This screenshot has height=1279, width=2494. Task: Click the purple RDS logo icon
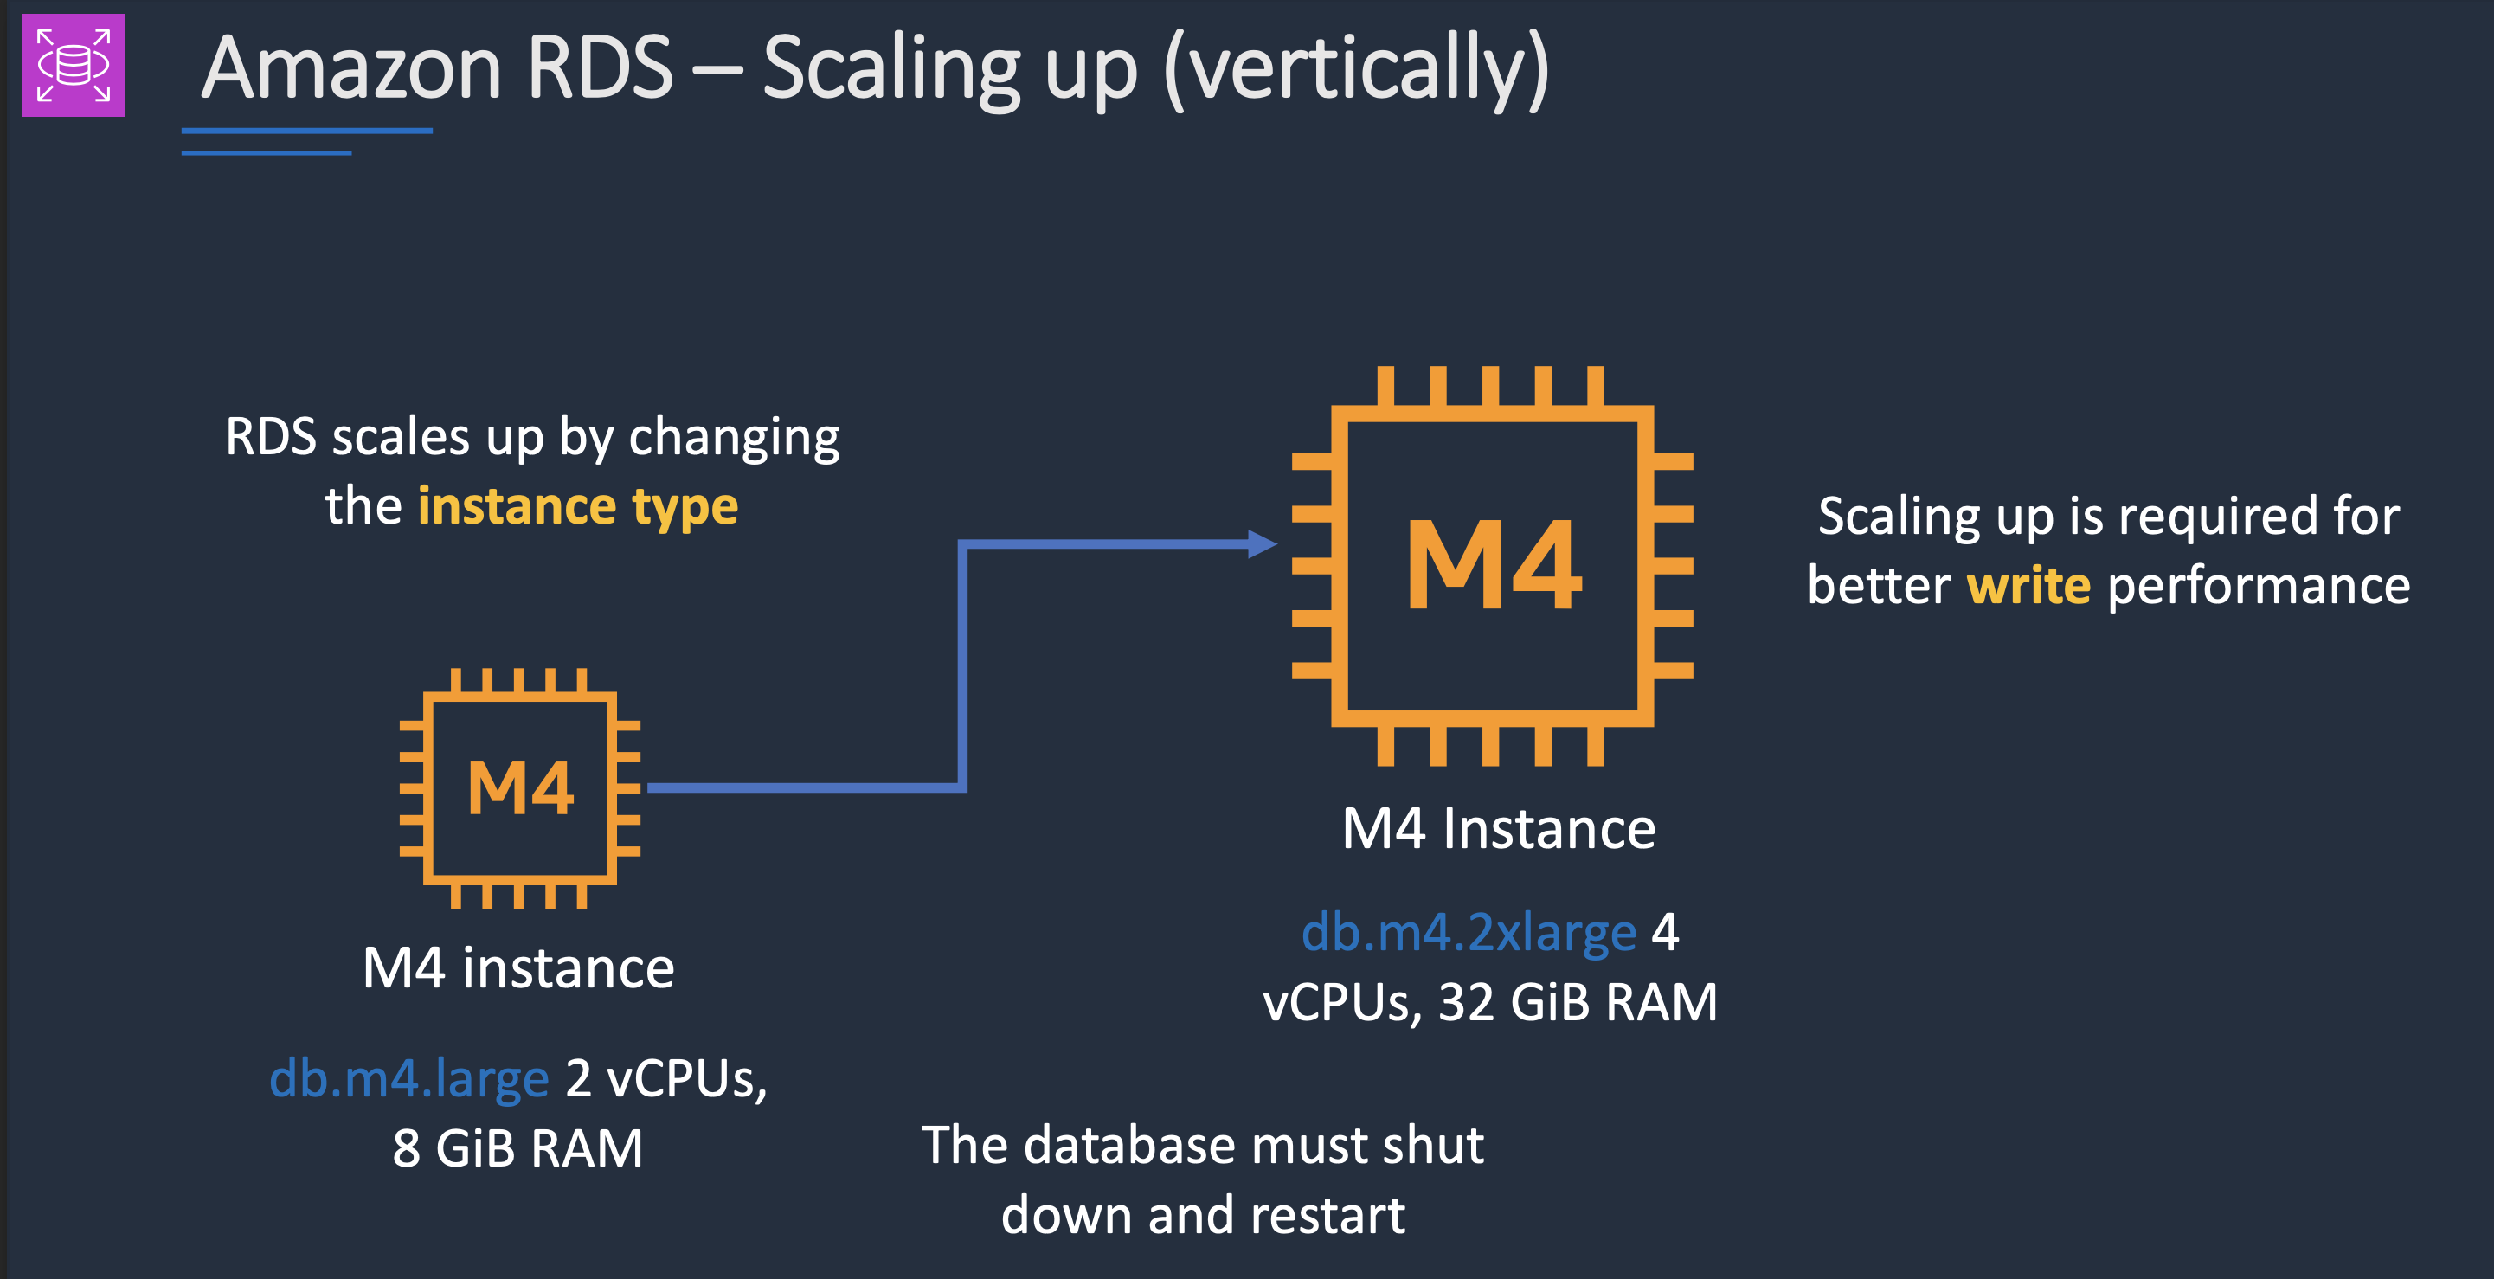(x=74, y=65)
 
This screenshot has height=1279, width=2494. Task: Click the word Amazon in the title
(x=350, y=67)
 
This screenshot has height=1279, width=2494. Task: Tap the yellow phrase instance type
(x=578, y=506)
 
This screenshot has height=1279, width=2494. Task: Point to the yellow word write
(x=2028, y=586)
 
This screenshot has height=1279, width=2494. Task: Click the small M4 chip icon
(x=520, y=787)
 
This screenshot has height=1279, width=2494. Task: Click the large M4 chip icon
(x=1492, y=565)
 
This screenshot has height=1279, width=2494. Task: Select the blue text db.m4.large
(x=408, y=1077)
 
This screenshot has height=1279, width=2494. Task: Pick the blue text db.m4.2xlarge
(x=1468, y=932)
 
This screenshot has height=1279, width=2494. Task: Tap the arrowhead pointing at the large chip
(x=1262, y=544)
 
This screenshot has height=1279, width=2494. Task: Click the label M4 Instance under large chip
(x=1498, y=829)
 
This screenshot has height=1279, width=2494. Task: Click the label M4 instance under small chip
(x=518, y=967)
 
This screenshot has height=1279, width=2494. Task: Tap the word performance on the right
(x=2258, y=586)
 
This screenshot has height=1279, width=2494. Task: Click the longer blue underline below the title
(x=306, y=131)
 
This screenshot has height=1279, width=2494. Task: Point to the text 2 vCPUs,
(x=665, y=1077)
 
